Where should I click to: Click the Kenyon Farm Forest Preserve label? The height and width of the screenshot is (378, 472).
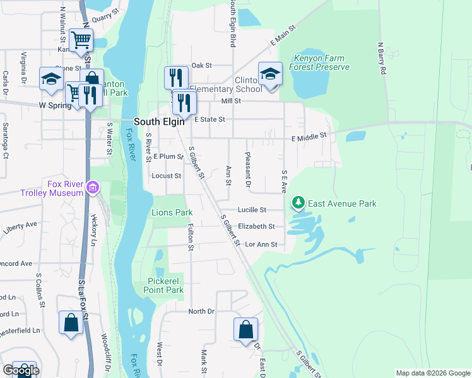click(x=319, y=62)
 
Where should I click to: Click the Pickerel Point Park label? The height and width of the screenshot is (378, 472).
click(x=165, y=285)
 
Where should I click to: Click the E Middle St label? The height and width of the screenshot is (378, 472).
click(x=309, y=135)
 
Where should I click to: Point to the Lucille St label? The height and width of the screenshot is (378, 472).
click(x=252, y=210)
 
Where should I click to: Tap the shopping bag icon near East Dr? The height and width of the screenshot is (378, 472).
click(x=245, y=329)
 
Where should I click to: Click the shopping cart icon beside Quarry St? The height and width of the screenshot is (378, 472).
click(x=81, y=40)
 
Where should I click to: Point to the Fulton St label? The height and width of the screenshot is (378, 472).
click(x=190, y=234)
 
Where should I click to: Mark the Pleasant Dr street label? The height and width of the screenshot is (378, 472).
click(x=248, y=170)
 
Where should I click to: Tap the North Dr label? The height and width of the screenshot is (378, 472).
click(x=202, y=311)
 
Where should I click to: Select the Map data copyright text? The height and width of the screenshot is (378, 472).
click(x=432, y=373)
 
